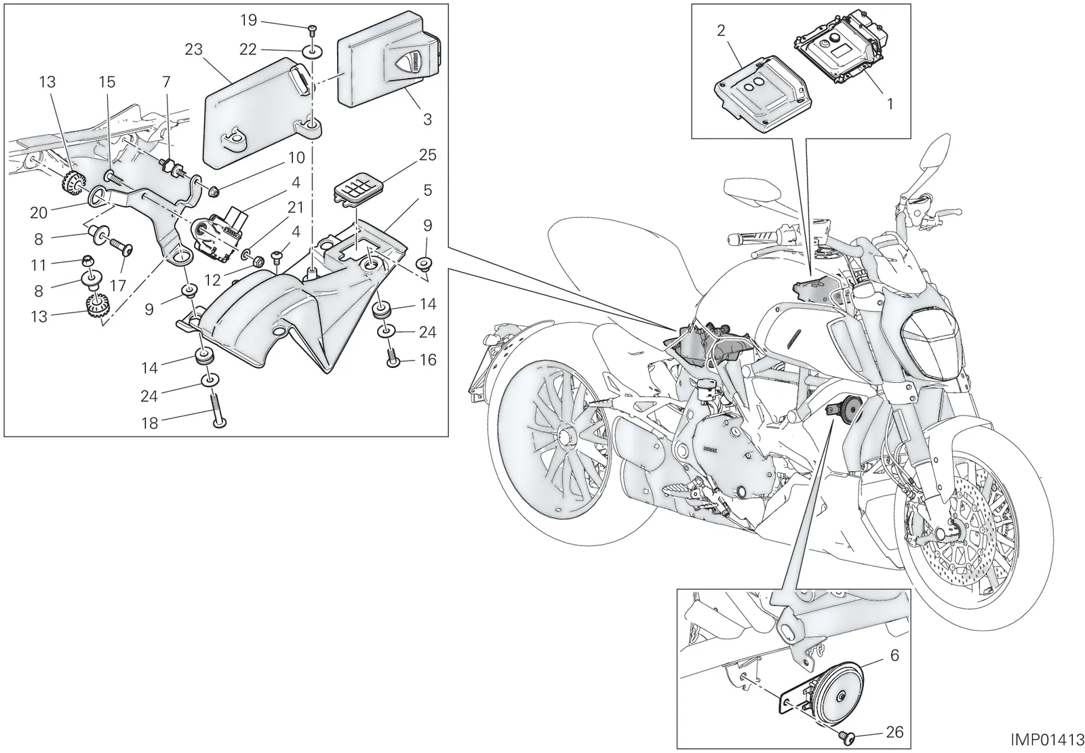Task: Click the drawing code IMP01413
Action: (x=1047, y=740)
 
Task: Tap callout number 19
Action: (x=248, y=20)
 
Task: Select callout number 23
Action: (x=193, y=49)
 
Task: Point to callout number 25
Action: (x=428, y=155)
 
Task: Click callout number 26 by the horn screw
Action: (x=894, y=732)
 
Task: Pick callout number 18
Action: (x=150, y=423)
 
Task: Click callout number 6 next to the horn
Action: (x=894, y=655)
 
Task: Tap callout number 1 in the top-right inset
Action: (x=890, y=104)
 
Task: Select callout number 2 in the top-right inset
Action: (x=722, y=31)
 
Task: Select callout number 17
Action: (x=118, y=286)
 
